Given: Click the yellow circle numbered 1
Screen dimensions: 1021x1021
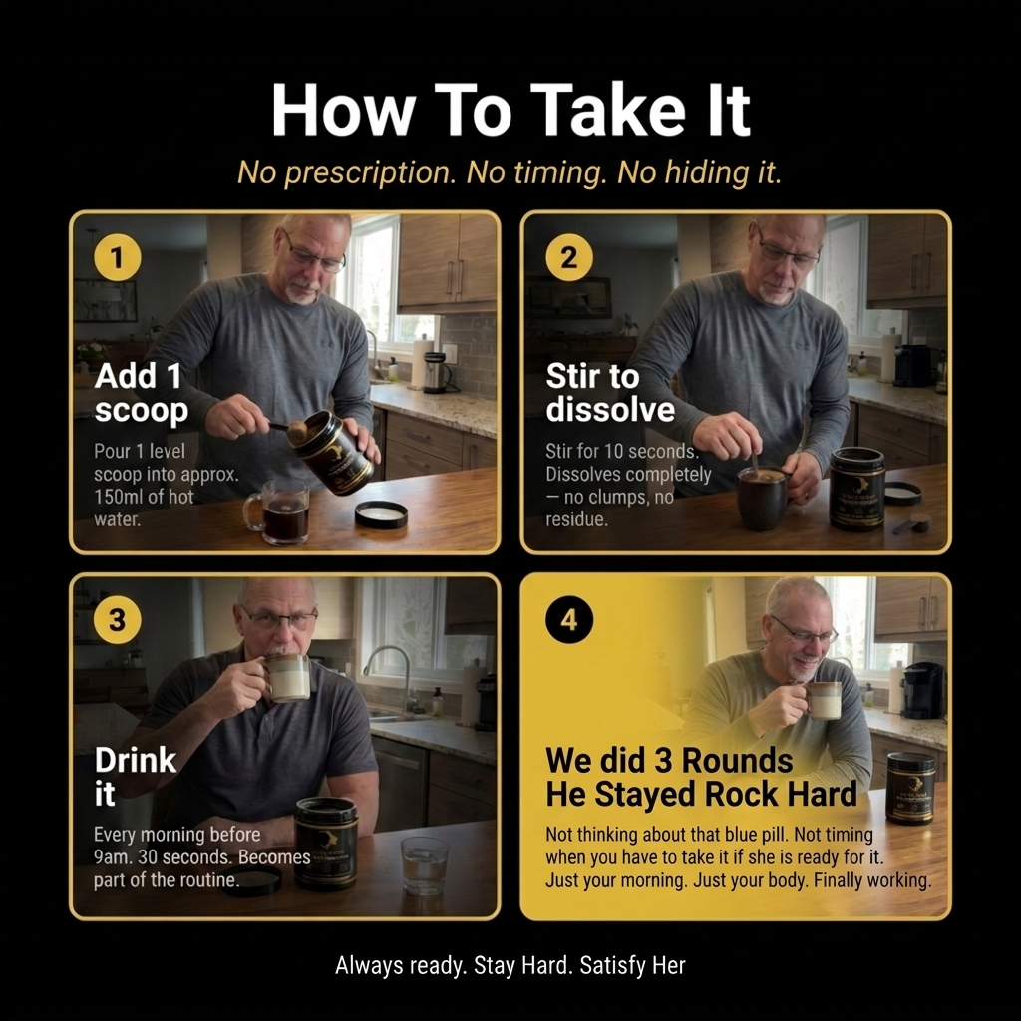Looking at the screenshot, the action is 118,258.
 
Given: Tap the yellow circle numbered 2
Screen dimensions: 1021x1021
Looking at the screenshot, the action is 569,258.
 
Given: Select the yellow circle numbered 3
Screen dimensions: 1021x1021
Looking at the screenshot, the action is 118,619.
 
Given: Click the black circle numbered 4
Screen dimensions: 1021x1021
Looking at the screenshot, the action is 569,619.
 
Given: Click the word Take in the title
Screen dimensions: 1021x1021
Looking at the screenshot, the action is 607,110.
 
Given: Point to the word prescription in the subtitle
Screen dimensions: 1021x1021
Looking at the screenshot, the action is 370,173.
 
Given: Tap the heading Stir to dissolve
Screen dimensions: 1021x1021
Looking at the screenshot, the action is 610,393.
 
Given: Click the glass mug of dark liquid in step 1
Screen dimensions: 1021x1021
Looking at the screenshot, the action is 278,511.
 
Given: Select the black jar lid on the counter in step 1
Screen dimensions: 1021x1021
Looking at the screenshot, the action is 381,514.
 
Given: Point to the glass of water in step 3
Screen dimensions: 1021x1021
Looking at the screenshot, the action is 425,865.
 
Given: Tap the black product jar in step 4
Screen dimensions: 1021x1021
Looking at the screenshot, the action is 910,788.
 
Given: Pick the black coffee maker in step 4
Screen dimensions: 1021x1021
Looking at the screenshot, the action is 922,690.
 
